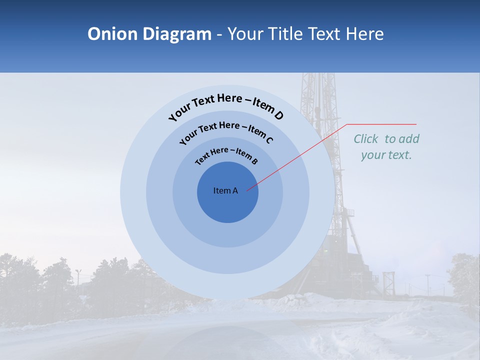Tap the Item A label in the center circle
[x=225, y=190]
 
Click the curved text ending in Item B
[x=226, y=155]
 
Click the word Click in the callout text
[x=366, y=139]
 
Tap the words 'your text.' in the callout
[x=386, y=155]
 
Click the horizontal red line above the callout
[x=381, y=124]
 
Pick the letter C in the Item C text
[x=269, y=140]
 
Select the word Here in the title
[x=363, y=34]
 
